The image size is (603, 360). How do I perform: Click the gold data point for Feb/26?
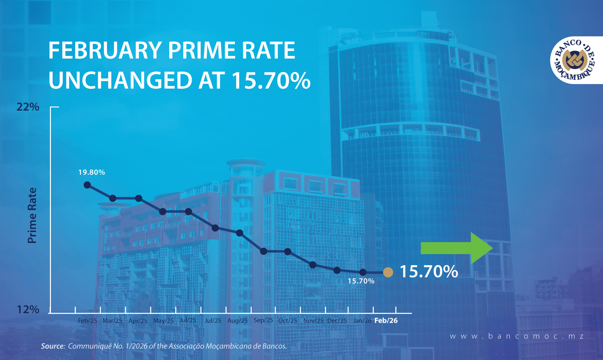coord(388,272)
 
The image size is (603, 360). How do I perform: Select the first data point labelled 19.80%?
coord(87,185)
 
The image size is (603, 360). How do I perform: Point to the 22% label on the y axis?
coord(28,107)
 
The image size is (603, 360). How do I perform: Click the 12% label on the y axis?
coord(28,309)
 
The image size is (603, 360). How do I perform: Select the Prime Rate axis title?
coord(32,215)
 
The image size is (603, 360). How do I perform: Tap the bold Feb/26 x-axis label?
coord(386,320)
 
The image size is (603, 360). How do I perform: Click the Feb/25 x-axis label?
coord(87,320)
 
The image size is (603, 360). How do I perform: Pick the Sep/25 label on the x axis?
coord(263,320)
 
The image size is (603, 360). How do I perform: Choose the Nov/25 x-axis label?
coord(313,320)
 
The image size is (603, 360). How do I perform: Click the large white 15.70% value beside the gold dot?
coord(429,271)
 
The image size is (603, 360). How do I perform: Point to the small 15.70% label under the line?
coord(361,281)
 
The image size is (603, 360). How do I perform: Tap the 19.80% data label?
coord(91,172)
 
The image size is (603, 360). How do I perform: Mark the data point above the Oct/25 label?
coord(288,251)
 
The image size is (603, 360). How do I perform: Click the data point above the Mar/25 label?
coord(113,198)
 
